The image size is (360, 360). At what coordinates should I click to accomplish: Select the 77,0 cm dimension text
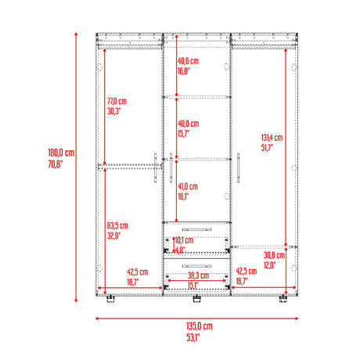pos(117,101)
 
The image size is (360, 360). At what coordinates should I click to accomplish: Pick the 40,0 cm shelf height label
pos(187,124)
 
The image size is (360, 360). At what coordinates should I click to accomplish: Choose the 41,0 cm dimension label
pos(187,186)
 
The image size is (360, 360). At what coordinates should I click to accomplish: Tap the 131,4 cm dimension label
pos(272,137)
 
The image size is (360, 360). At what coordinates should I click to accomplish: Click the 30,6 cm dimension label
pos(274,254)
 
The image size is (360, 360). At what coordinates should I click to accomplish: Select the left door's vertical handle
pos(157,168)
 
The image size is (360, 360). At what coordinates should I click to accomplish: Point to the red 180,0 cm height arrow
pos(76,167)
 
